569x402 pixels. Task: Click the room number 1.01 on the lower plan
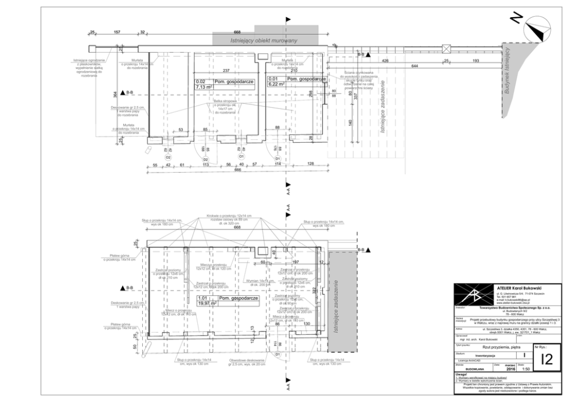(202, 298)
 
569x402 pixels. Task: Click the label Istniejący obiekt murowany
(263, 41)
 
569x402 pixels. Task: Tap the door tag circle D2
(205, 159)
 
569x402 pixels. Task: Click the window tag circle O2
(169, 156)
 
